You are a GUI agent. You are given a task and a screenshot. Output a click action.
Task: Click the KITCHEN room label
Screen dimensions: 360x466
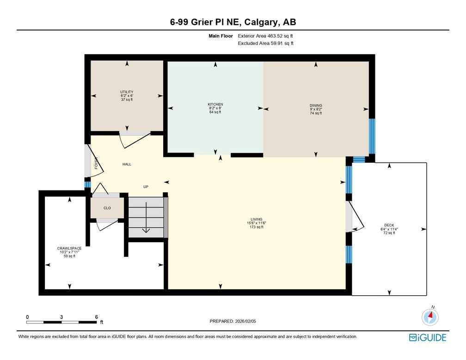coord(215,104)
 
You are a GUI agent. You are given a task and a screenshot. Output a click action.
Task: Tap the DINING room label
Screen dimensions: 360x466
coord(316,105)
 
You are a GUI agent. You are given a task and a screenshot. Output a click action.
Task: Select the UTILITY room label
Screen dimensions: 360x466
coord(127,92)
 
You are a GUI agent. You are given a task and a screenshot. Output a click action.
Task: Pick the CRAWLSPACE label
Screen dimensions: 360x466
coord(69,248)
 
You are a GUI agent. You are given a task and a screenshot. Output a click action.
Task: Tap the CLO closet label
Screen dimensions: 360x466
coord(107,208)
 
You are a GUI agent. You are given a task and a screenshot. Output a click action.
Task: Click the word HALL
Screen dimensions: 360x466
coord(127,164)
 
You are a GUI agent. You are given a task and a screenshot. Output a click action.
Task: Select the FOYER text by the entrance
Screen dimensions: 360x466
coord(97,163)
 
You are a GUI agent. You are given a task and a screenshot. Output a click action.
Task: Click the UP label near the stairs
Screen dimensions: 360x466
coord(146,187)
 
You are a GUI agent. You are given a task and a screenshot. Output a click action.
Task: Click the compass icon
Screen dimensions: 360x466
coord(430,317)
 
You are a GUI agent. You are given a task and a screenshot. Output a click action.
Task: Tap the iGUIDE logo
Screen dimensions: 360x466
coord(428,338)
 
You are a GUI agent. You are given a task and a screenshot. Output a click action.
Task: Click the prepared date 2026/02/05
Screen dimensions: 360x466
coord(233,321)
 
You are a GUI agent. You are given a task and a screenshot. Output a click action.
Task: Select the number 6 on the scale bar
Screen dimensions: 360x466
coord(96,317)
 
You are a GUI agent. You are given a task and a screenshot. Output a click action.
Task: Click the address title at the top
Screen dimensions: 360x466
coord(233,22)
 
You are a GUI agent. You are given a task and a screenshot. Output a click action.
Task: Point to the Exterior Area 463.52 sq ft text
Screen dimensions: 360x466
coord(265,36)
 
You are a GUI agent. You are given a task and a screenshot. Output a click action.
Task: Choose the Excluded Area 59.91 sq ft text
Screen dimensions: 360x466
coord(265,43)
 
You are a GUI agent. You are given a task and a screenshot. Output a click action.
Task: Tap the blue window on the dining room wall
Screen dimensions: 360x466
coord(372,136)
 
